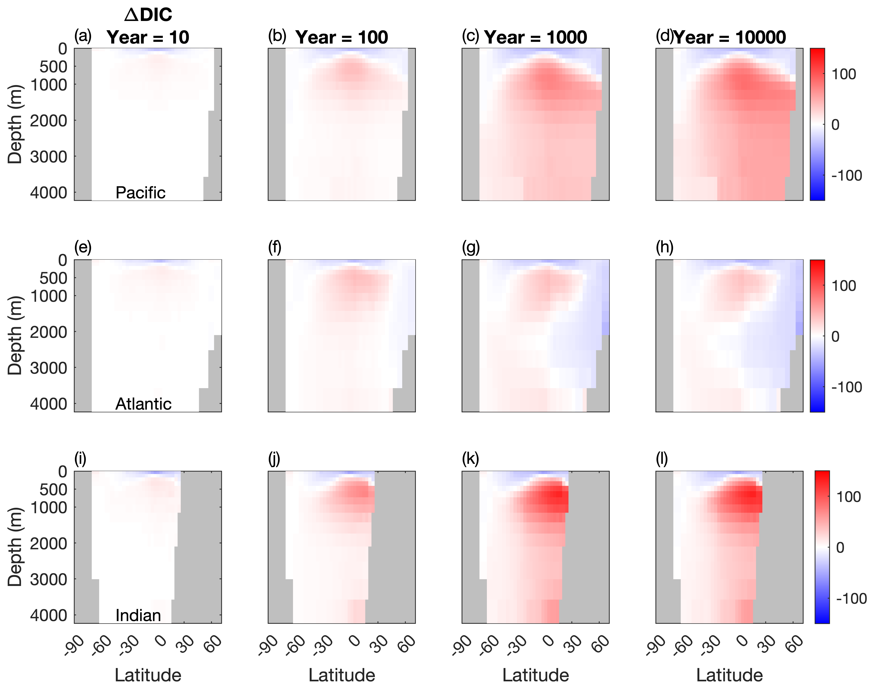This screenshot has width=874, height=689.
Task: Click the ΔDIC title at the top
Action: click(148, 15)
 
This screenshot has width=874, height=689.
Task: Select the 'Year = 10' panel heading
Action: click(148, 37)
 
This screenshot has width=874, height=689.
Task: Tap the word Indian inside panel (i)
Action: click(138, 615)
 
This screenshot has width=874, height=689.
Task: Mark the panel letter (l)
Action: click(662, 459)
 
